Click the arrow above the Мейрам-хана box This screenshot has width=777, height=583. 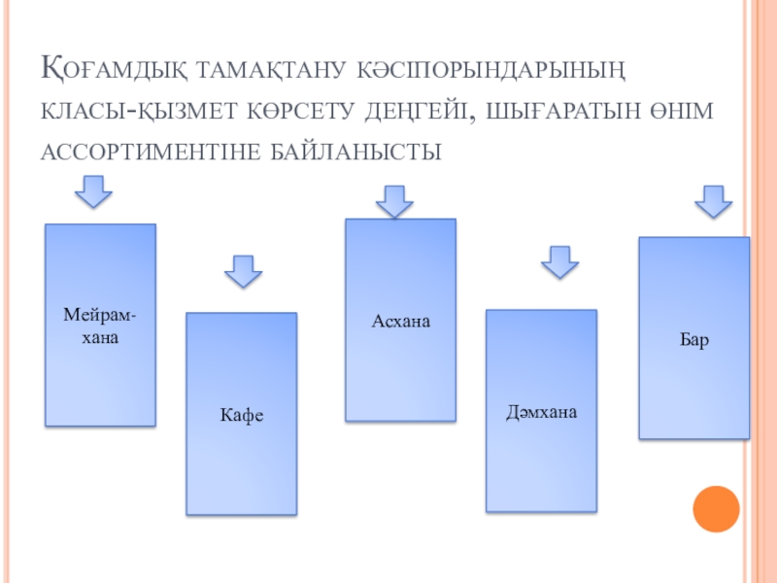click(x=95, y=190)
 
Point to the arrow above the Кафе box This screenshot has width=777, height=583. click(x=243, y=270)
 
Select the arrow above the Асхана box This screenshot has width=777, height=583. click(x=394, y=202)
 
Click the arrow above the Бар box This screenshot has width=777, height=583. click(x=713, y=201)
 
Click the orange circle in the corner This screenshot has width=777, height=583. click(x=717, y=508)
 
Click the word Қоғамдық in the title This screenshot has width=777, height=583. click(x=115, y=71)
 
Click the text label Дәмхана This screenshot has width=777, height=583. click(x=541, y=412)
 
